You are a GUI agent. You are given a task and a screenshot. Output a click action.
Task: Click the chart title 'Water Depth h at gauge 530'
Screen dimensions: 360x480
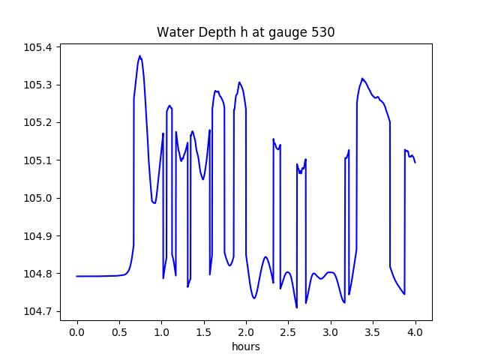(x=245, y=32)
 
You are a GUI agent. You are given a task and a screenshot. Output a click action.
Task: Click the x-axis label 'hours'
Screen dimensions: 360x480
(x=246, y=348)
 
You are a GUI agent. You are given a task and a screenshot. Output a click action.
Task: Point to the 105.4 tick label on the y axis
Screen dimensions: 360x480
(x=37, y=47)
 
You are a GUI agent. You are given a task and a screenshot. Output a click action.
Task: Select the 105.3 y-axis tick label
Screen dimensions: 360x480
(x=37, y=85)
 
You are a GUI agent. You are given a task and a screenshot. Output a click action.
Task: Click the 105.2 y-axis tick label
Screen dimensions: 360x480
(x=37, y=122)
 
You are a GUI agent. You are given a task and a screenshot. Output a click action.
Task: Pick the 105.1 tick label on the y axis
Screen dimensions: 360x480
(x=37, y=160)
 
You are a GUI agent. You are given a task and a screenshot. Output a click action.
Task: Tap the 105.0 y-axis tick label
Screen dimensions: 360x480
(x=37, y=198)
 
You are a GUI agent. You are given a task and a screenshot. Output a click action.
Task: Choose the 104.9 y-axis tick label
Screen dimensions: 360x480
(x=37, y=236)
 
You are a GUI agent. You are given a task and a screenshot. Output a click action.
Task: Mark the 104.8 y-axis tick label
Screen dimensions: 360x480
(x=37, y=274)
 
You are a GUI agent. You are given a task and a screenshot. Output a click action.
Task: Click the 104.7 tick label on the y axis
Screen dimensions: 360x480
(x=37, y=311)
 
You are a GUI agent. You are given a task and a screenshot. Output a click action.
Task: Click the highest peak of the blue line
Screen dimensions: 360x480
(x=139, y=55)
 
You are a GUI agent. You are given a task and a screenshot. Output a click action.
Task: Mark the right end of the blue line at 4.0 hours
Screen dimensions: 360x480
(x=415, y=162)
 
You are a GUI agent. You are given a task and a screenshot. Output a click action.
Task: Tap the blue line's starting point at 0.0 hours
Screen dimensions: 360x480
(x=77, y=276)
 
